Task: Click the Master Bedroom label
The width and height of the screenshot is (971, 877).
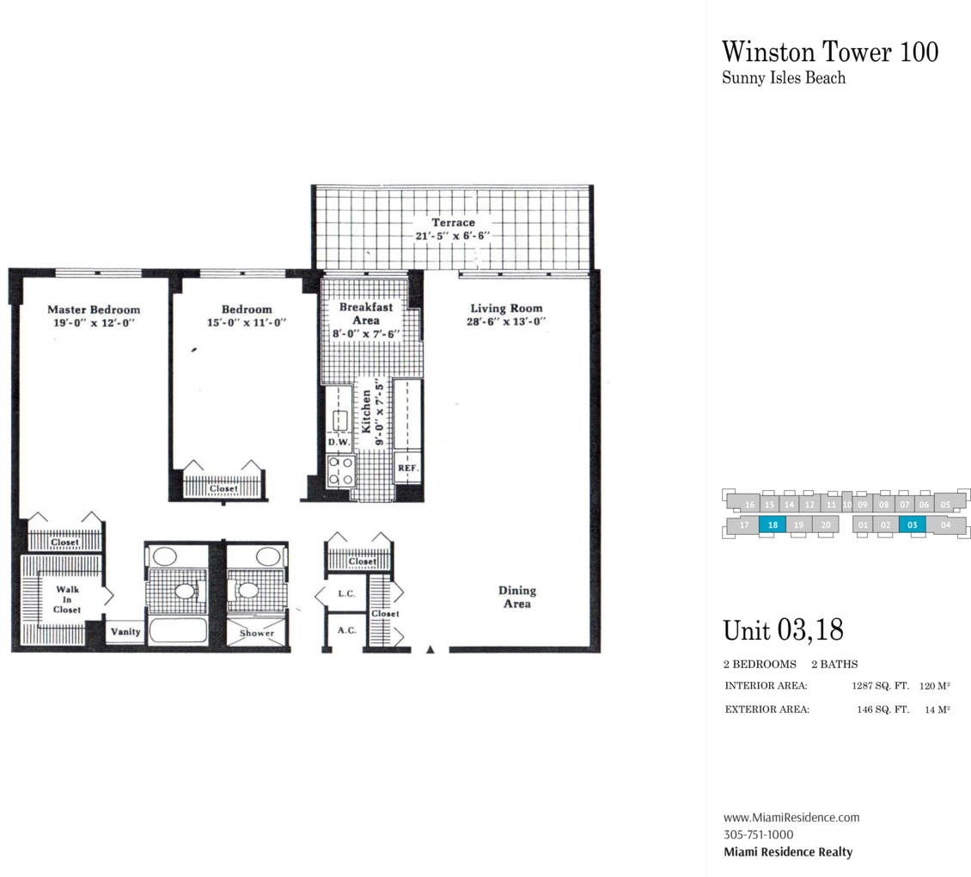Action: click(x=95, y=310)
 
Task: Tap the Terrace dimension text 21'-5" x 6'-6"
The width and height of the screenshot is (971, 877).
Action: click(x=453, y=236)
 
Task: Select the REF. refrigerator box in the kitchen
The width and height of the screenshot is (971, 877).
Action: click(x=408, y=468)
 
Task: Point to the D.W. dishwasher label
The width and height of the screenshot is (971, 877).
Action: click(x=339, y=442)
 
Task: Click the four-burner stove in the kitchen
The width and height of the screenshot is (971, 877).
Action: click(x=340, y=470)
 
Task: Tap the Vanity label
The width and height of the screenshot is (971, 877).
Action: click(x=125, y=632)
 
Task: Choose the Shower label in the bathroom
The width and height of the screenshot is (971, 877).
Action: click(x=257, y=633)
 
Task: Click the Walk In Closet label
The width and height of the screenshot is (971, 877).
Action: click(x=67, y=599)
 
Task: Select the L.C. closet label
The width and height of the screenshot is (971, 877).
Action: click(x=347, y=593)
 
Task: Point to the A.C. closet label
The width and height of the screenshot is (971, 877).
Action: click(x=347, y=630)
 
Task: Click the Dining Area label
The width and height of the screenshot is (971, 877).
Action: click(x=517, y=597)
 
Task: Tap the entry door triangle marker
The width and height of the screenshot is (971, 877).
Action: click(x=431, y=649)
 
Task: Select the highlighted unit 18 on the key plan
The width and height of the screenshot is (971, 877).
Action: click(x=773, y=525)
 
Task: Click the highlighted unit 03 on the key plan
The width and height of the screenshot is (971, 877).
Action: click(x=913, y=525)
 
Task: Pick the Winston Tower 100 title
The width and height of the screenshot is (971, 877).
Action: click(x=830, y=52)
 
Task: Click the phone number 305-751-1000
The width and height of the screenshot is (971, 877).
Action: click(x=759, y=834)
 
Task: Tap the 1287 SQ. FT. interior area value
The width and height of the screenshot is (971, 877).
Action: click(x=880, y=685)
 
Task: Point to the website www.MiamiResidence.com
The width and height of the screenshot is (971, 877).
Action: click(x=791, y=818)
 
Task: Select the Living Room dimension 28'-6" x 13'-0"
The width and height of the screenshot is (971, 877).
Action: click(x=506, y=322)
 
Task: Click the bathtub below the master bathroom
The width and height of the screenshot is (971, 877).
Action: click(x=177, y=631)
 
